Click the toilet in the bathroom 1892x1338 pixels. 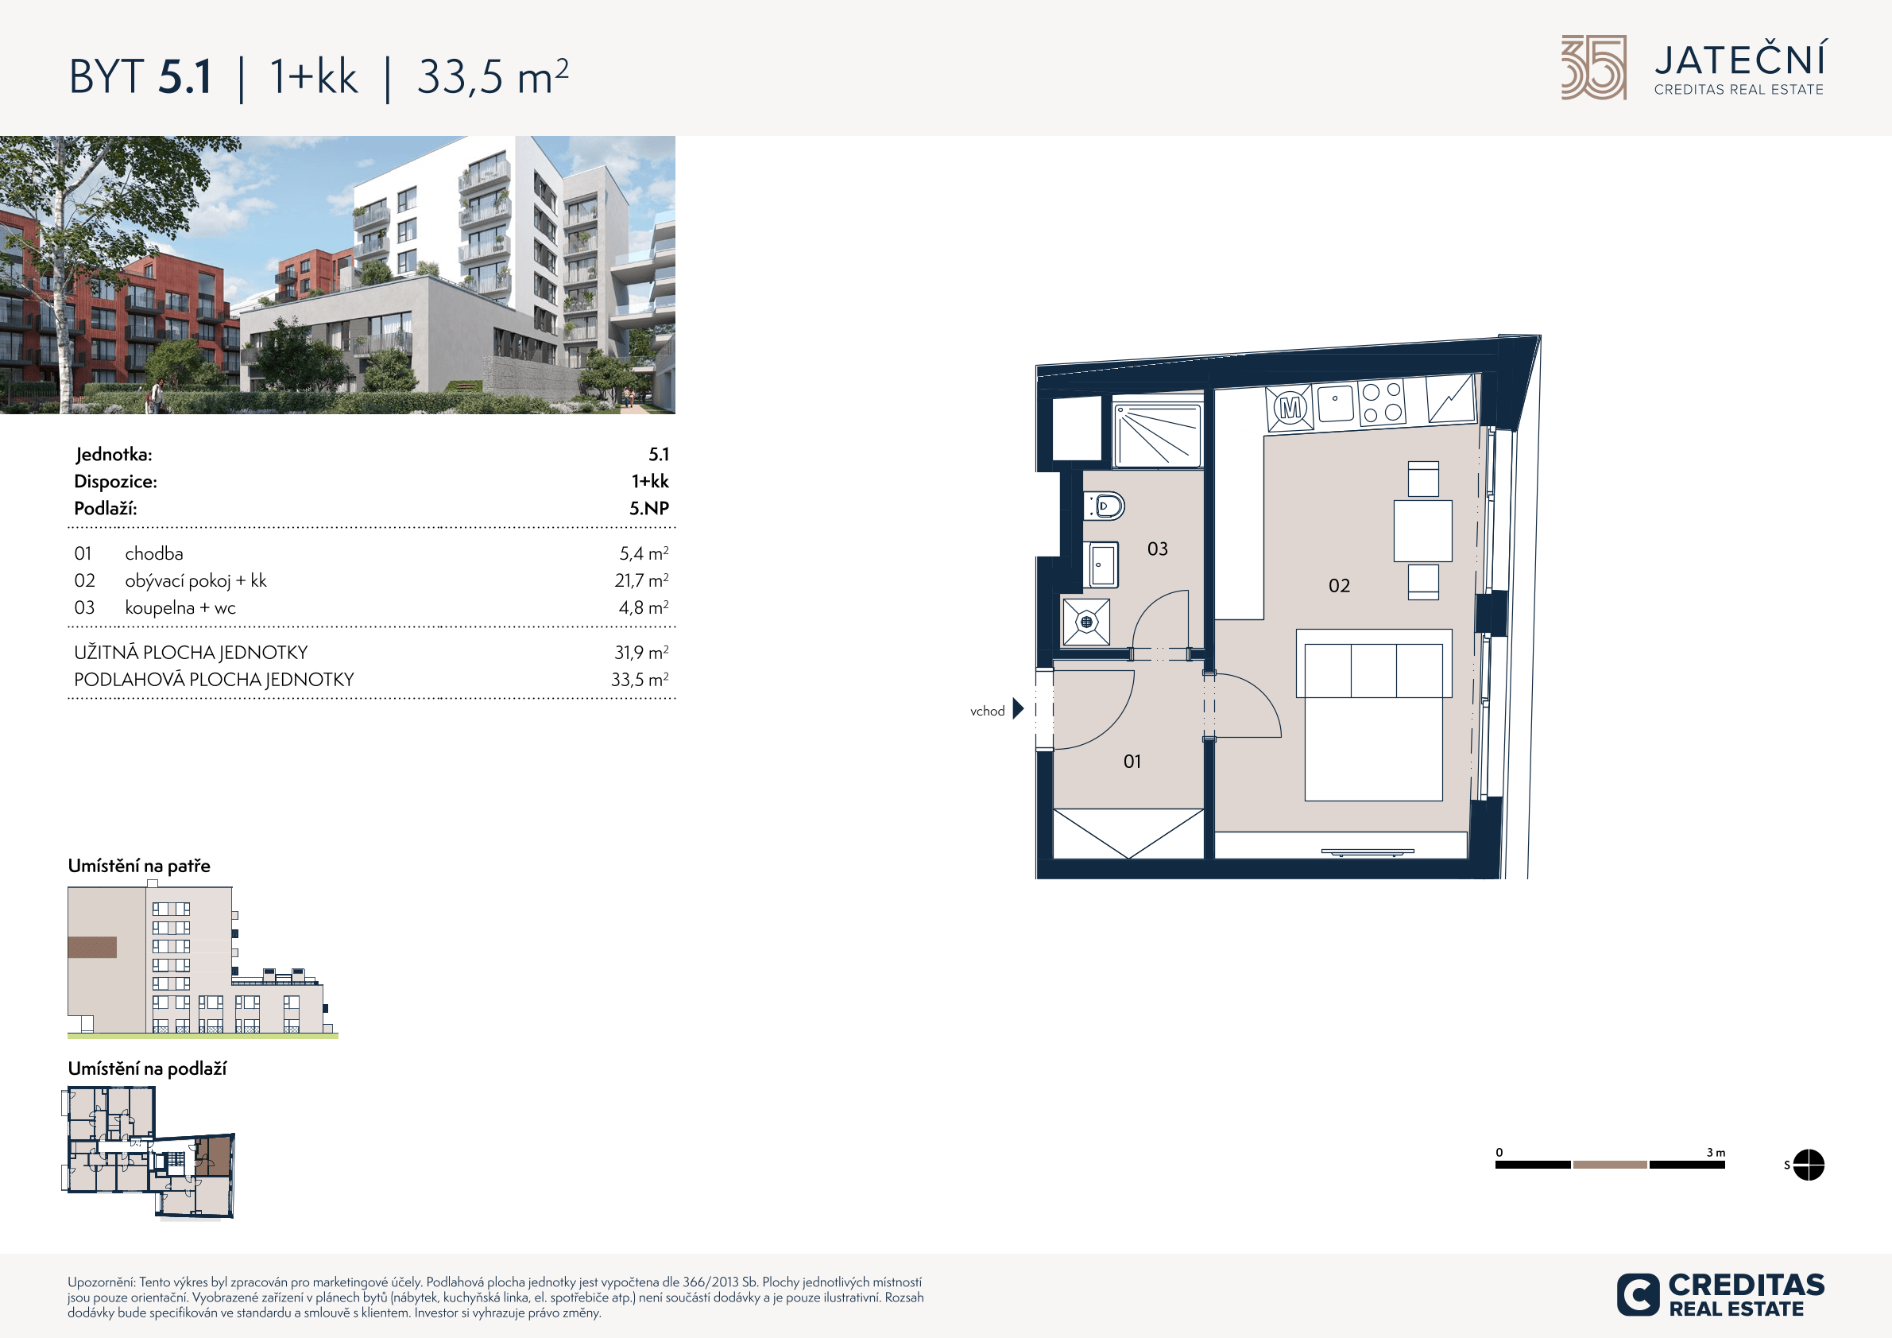point(1105,506)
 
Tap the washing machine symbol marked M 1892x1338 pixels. point(1290,408)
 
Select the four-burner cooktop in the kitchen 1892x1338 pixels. point(1382,402)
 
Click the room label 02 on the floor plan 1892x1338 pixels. point(1339,585)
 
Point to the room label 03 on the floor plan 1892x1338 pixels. point(1157,549)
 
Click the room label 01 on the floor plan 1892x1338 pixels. point(1132,761)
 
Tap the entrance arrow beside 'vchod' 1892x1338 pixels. point(1019,708)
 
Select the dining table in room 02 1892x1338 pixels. point(1423,530)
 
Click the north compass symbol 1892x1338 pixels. point(1808,1165)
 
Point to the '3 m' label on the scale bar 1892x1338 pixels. point(1716,1153)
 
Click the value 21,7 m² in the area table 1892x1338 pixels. point(641,580)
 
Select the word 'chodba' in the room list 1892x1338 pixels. point(154,553)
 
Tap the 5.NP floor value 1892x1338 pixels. point(649,508)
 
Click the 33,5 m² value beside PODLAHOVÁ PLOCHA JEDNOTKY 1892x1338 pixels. point(640,679)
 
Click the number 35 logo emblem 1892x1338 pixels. point(1594,68)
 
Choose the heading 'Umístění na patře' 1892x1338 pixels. point(139,866)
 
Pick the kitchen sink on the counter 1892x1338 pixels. point(1336,404)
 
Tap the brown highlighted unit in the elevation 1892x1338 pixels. point(92,947)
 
